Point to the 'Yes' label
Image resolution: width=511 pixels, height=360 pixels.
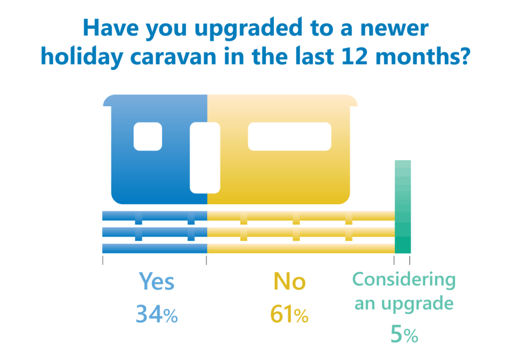pyautogui.click(x=156, y=282)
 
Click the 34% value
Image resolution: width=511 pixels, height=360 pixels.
pyautogui.click(x=156, y=315)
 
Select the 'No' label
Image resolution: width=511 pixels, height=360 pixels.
pyautogui.click(x=289, y=282)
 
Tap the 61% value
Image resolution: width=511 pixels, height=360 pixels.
pyautogui.click(x=289, y=315)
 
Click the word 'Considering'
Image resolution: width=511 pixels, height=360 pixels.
pyautogui.click(x=404, y=280)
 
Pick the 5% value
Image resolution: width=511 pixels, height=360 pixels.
pyautogui.click(x=404, y=335)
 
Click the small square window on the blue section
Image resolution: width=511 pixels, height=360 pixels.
pyautogui.click(x=148, y=136)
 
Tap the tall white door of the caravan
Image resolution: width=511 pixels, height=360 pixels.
pyautogui.click(x=205, y=157)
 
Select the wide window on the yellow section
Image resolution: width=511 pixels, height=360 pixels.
pyautogui.click(x=289, y=136)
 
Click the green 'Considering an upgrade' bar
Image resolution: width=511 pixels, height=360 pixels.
pyautogui.click(x=403, y=207)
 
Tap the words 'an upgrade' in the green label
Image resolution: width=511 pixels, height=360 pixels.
pyautogui.click(x=404, y=303)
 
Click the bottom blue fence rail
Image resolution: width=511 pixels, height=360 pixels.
pyautogui.click(x=154, y=248)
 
